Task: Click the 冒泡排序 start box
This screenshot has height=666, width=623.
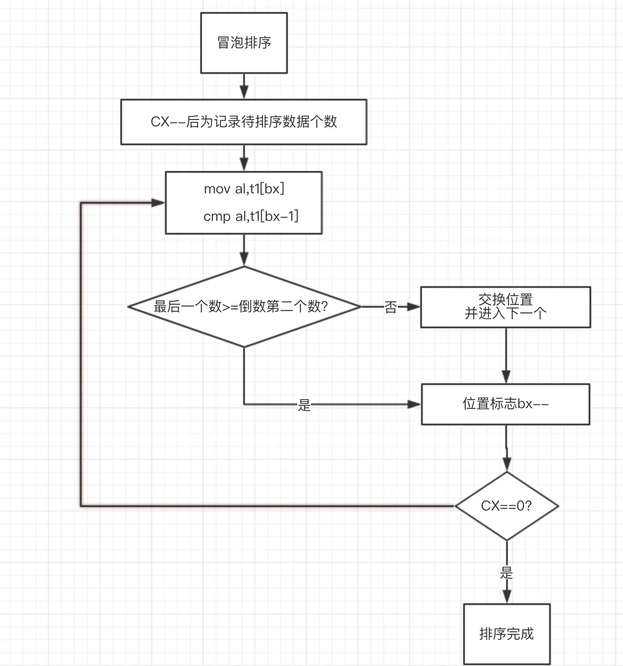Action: pos(244,43)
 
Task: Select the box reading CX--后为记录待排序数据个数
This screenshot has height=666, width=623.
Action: pos(244,122)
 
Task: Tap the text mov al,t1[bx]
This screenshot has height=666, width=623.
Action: pos(244,189)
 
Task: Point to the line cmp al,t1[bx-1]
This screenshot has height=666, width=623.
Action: pos(251,216)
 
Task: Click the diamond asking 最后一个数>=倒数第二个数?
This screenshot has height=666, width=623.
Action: pos(244,307)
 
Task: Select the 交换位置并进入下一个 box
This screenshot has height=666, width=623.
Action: pos(506,307)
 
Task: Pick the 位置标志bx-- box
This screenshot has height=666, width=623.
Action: pos(506,404)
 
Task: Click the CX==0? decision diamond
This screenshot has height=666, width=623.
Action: pos(507,506)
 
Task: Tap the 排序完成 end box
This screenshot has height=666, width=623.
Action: pos(507,634)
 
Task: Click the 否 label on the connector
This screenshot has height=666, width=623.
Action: pos(391,307)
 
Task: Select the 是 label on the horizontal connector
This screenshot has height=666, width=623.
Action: pos(304,405)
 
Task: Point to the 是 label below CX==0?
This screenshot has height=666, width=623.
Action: pos(507,572)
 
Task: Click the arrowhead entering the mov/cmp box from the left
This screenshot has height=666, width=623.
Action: pos(159,203)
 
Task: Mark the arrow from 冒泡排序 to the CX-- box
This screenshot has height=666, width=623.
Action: pos(244,86)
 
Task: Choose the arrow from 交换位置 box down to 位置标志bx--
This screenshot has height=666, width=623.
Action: pos(506,356)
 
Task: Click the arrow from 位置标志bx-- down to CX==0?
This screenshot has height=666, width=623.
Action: pos(507,448)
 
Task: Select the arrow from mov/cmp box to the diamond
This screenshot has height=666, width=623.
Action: pos(244,251)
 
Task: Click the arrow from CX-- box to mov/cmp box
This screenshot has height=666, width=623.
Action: pos(244,158)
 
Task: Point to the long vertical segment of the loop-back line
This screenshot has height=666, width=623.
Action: pos(81,354)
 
